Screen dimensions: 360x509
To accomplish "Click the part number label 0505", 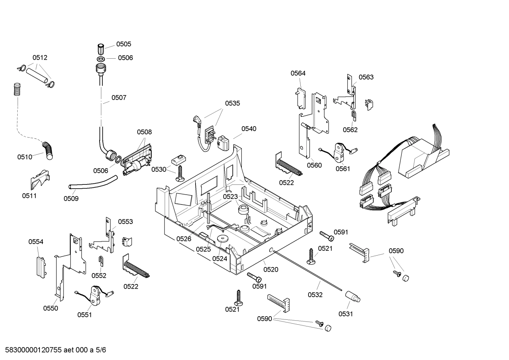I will pyautogui.click(x=124, y=44).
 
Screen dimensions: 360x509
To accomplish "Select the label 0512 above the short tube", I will pyautogui.click(x=40, y=58).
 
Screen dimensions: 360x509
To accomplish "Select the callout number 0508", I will pyautogui.click(x=144, y=132).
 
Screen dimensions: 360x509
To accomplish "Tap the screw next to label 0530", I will pyautogui.click(x=180, y=174).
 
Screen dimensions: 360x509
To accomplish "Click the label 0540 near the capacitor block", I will pyautogui.click(x=249, y=129).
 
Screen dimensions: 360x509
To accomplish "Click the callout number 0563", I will pyautogui.click(x=366, y=77).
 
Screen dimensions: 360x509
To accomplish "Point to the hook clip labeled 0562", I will pyautogui.click(x=354, y=114).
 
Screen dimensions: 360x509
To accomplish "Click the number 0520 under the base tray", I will pyautogui.click(x=271, y=270).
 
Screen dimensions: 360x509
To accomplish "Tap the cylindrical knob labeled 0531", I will pyautogui.click(x=352, y=296).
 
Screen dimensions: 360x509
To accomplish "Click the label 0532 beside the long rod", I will pyautogui.click(x=315, y=295).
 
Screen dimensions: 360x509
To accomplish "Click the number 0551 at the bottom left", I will pyautogui.click(x=84, y=315).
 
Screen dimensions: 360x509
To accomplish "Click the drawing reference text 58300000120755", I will pyautogui.click(x=32, y=350).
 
